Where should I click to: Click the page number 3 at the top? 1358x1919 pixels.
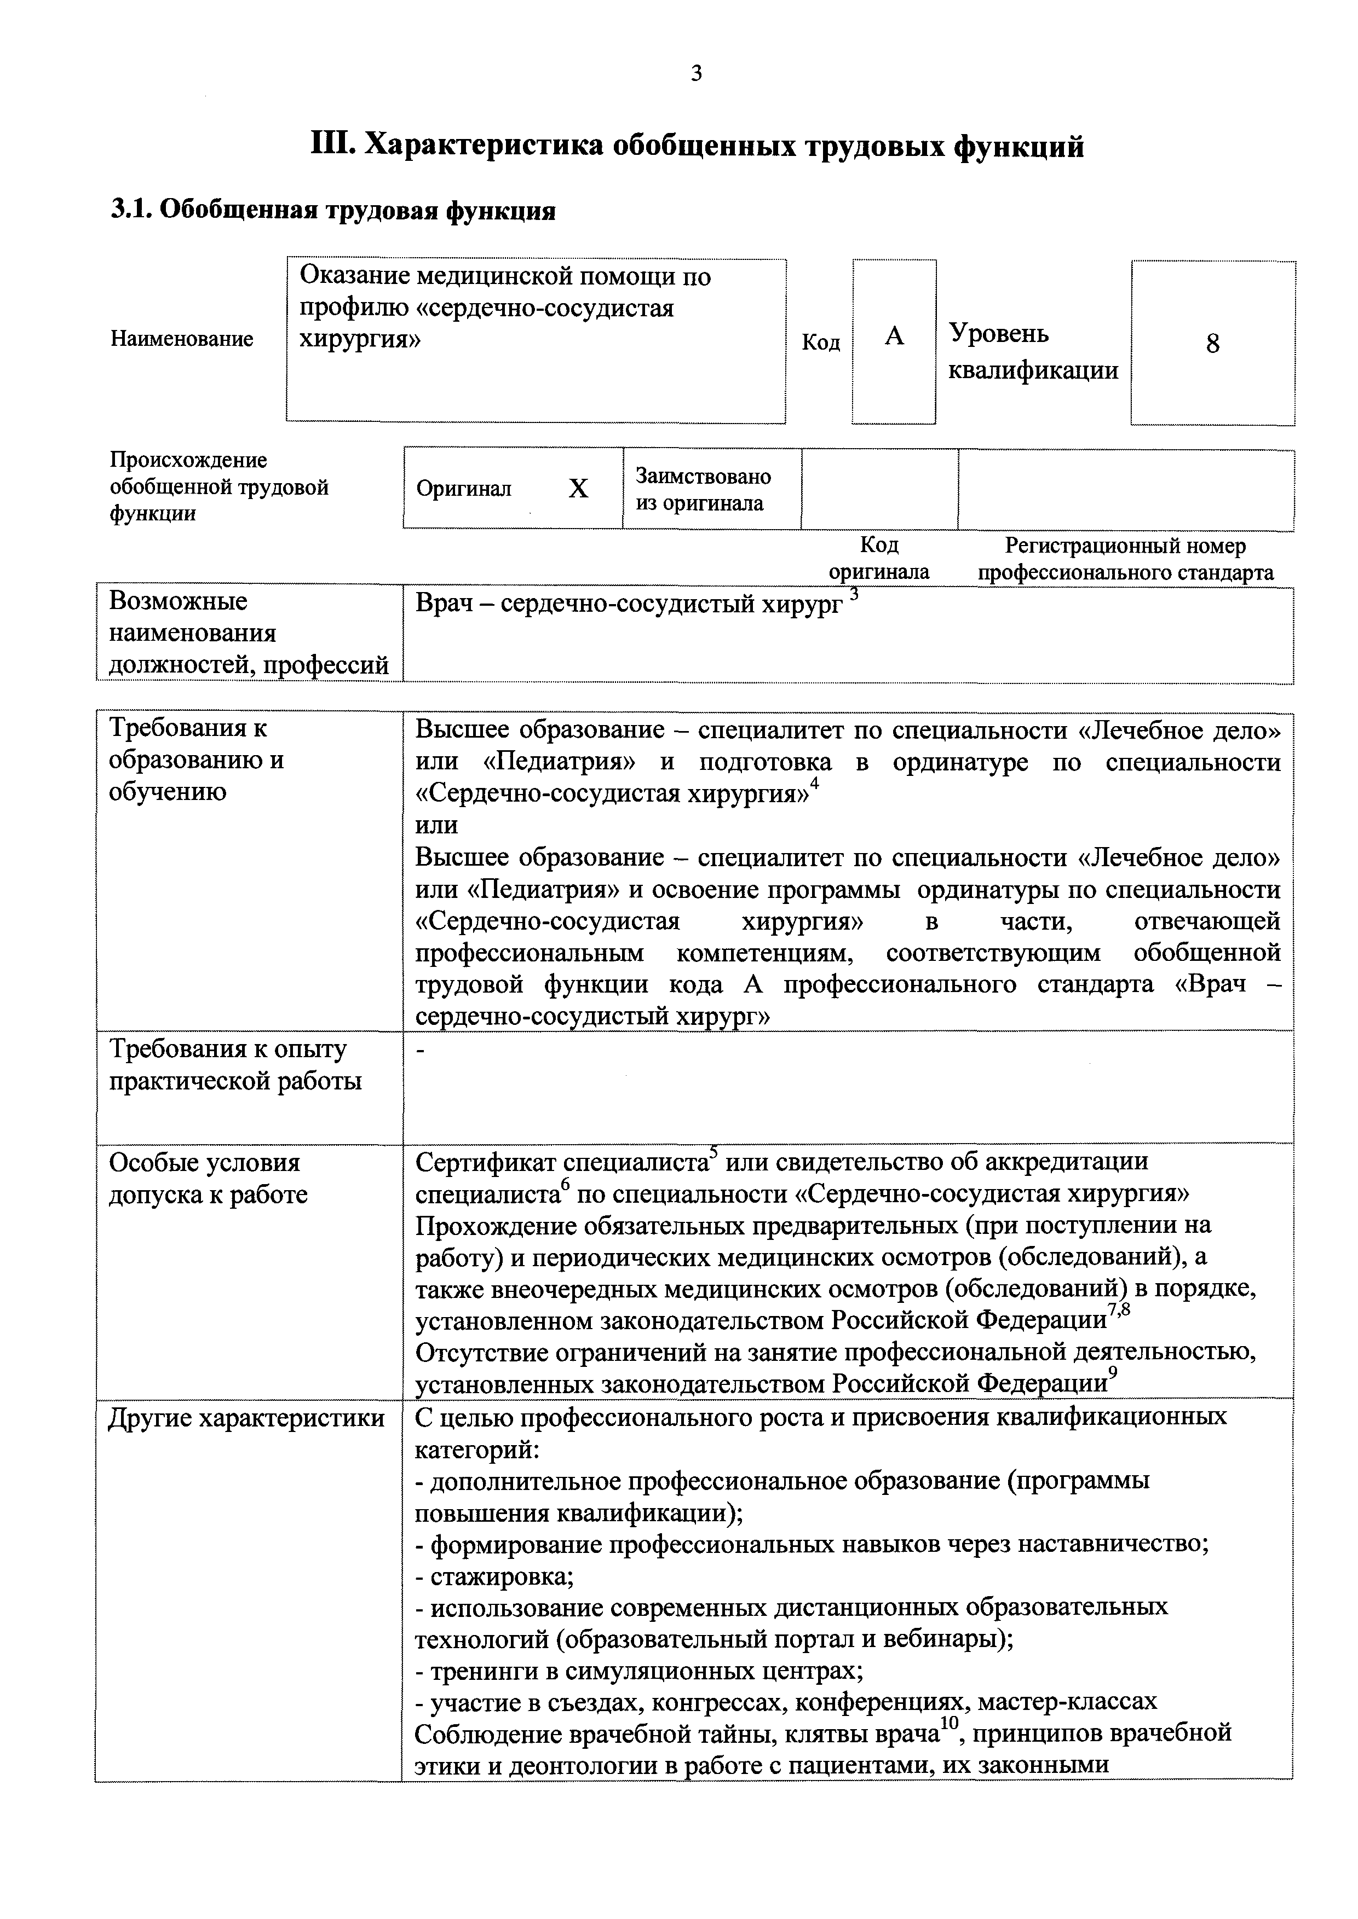(x=697, y=74)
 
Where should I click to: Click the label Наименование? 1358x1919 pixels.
(x=181, y=339)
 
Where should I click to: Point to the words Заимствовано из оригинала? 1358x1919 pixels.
(x=703, y=490)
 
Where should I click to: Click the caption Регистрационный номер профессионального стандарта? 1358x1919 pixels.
(x=1125, y=559)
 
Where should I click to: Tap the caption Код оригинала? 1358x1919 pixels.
(x=879, y=559)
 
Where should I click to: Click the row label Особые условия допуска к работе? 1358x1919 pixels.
(x=208, y=1179)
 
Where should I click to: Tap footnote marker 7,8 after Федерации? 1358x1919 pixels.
(x=1119, y=1311)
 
